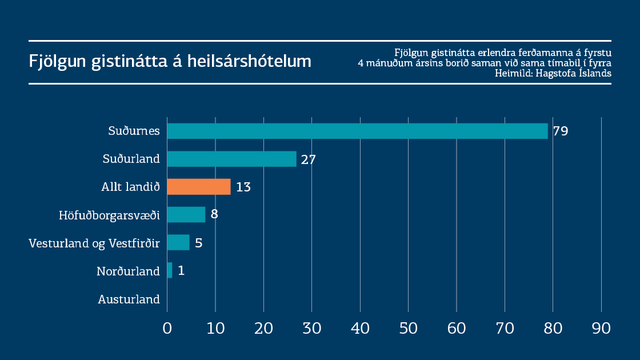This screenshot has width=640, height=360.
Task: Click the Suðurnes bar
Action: coord(357,131)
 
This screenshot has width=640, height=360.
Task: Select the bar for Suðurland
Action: coord(231,159)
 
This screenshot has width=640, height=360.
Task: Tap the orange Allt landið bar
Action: coord(199,187)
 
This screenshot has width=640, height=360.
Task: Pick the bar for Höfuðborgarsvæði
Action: coord(186,215)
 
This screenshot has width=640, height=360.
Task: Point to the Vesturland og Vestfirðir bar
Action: coord(178,242)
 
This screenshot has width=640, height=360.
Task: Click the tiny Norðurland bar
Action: coord(170,270)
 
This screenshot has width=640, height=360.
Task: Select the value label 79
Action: coord(560,131)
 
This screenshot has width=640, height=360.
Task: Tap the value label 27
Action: coord(309,159)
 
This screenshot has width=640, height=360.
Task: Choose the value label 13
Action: coord(243,187)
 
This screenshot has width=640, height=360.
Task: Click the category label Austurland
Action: coord(129,299)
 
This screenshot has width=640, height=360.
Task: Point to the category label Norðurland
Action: coord(128,271)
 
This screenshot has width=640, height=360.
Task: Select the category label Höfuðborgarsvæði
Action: coord(109,215)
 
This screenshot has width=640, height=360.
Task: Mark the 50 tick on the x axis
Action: coord(408,328)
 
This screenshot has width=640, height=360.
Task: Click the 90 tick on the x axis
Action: coord(601,328)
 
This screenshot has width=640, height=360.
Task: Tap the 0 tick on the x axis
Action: coord(167,328)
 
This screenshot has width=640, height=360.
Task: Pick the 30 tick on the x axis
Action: coord(311,328)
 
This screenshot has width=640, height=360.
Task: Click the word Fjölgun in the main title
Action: coord(57,61)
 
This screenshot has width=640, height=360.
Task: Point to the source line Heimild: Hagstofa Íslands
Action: coord(553,73)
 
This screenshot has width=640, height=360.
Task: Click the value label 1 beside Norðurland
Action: coord(181,270)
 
